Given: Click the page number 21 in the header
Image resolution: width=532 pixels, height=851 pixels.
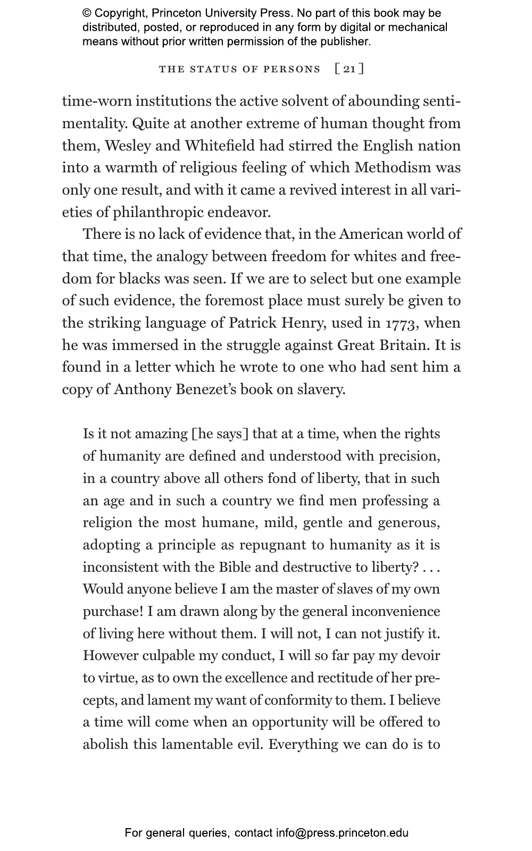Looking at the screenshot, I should click(x=349, y=69).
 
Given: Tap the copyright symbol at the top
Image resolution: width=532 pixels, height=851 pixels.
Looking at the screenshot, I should click(x=87, y=13).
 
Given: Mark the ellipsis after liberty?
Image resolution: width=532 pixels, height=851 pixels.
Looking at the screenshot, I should click(x=431, y=567).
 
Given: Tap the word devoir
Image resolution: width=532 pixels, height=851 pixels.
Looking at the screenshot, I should click(x=421, y=656).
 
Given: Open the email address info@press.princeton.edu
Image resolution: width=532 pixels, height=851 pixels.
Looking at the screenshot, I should click(x=342, y=833).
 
